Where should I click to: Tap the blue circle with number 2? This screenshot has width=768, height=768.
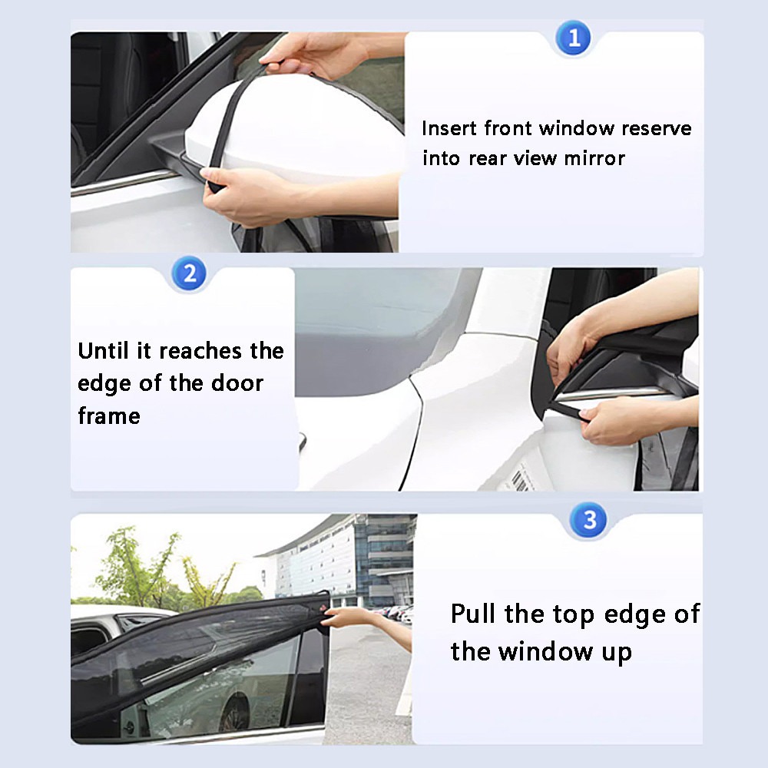pyautogui.click(x=190, y=273)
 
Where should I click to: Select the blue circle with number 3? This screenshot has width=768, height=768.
pyautogui.click(x=589, y=520)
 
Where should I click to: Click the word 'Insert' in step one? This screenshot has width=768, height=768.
pyautogui.click(x=450, y=128)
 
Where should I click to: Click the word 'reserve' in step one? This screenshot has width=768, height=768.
pyautogui.click(x=656, y=128)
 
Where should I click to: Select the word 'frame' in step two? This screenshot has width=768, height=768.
pyautogui.click(x=109, y=415)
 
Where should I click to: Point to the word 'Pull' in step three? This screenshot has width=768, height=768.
pyautogui.click(x=474, y=614)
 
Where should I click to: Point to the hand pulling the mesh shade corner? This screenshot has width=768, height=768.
pyautogui.click(x=346, y=617)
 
